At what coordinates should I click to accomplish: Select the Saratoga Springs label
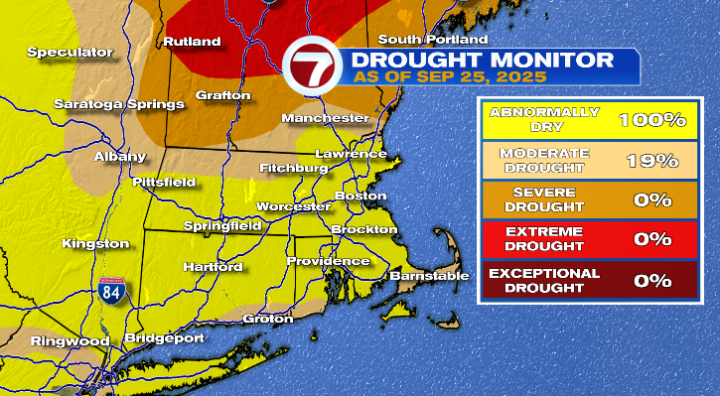[119, 104]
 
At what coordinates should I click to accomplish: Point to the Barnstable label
[428, 275]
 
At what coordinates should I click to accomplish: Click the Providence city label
[328, 261]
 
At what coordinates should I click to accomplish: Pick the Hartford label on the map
[213, 268]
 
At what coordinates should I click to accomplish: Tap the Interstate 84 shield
[106, 295]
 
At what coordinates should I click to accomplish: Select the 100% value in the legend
[652, 119]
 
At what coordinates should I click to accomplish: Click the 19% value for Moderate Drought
[652, 160]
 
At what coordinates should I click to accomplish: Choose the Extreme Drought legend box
[543, 239]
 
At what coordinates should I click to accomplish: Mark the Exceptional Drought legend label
[543, 280]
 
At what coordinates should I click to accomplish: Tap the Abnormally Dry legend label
[543, 119]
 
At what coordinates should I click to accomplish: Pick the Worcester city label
[292, 206]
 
